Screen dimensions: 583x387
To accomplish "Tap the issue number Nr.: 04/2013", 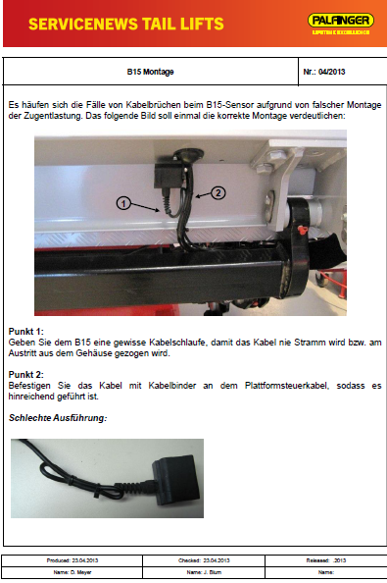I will [x=326, y=72].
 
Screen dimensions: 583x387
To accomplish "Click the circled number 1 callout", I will [x=123, y=203].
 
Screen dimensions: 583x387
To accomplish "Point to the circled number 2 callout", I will [x=218, y=192].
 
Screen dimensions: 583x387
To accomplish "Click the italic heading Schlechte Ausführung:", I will [x=58, y=418].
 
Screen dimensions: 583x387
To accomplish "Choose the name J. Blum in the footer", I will [x=208, y=570].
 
